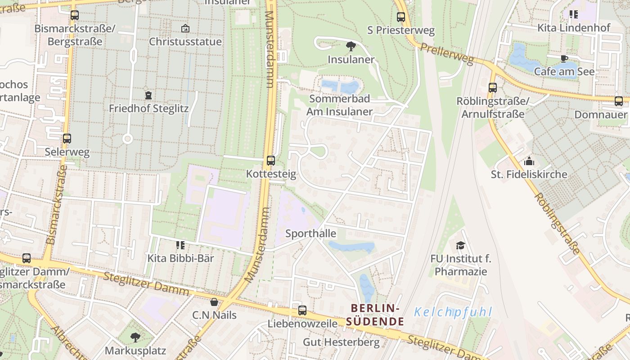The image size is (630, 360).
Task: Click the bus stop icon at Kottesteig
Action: click(x=271, y=160)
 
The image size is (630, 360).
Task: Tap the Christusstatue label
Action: click(x=185, y=42)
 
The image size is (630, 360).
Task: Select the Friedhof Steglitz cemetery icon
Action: click(x=148, y=95)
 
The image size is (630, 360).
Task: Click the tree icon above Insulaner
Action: click(x=351, y=45)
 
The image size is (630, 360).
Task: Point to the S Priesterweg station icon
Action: click(x=401, y=17)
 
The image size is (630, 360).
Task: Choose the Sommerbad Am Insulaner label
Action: click(x=340, y=105)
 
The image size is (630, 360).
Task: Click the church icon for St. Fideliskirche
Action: click(x=529, y=161)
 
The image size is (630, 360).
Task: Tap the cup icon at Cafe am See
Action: click(x=564, y=58)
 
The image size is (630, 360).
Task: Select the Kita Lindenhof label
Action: click(x=574, y=28)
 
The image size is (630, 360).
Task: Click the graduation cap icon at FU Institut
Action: click(x=460, y=245)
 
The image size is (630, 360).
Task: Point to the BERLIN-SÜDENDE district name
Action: click(x=375, y=315)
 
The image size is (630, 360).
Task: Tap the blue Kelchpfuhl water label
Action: click(x=453, y=312)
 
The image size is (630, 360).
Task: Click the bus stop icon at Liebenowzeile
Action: click(x=302, y=310)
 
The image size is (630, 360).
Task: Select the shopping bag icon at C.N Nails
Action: click(x=214, y=301)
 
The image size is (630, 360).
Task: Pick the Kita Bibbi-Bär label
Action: click(x=181, y=258)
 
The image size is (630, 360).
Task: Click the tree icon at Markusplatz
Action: click(x=135, y=337)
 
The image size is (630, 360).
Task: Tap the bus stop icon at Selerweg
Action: click(x=67, y=139)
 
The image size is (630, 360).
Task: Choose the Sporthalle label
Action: click(x=311, y=234)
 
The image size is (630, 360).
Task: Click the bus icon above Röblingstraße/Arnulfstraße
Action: click(x=493, y=88)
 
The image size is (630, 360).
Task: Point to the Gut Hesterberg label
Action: click(x=341, y=342)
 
